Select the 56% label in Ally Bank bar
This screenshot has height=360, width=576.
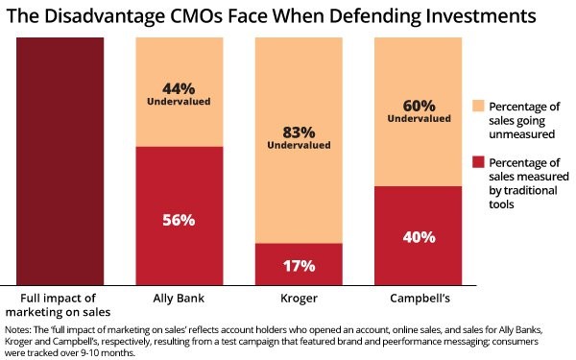tap(179, 220)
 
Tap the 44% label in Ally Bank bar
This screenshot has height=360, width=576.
tap(179, 86)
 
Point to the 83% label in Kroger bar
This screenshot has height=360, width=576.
tap(298, 133)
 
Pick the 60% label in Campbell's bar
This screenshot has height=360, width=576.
tap(417, 106)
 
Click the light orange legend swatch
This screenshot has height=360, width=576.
tap(481, 105)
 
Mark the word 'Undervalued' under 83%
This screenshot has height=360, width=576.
tap(298, 148)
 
